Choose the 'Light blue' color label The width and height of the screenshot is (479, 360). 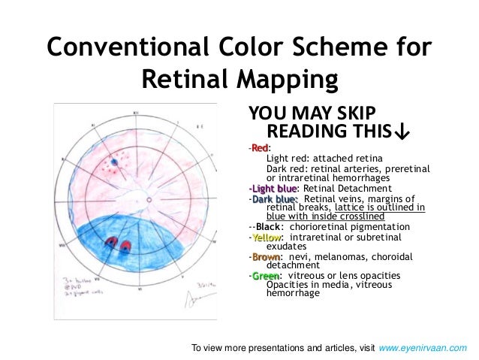pos(273,188)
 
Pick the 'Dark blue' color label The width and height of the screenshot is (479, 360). pos(275,198)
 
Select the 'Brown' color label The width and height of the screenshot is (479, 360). pos(265,257)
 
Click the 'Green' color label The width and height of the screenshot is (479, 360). pos(264,276)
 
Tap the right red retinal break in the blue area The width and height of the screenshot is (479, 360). pos(125,245)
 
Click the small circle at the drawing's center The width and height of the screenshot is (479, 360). pos(149,200)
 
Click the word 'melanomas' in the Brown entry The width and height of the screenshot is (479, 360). pos(328,257)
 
